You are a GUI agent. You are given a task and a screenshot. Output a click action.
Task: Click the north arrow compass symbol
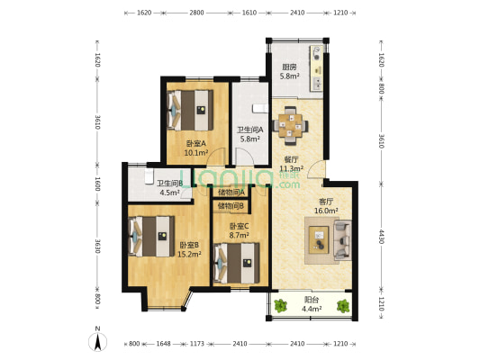98,342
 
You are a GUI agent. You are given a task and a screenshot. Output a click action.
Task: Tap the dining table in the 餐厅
290,125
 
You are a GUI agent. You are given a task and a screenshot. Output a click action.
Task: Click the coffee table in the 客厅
319,239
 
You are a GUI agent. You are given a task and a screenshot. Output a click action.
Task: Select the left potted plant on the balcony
280,306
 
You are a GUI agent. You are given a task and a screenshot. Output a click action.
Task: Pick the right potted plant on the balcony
343,306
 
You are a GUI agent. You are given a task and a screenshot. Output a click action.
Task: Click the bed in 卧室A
190,110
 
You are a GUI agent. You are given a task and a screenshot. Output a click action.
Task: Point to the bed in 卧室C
237,263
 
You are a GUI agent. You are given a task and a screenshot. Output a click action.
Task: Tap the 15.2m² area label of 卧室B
189,254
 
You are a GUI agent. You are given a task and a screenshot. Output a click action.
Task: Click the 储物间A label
231,193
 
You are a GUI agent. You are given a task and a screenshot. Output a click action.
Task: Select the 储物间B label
231,206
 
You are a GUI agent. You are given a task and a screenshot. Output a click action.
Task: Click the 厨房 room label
289,67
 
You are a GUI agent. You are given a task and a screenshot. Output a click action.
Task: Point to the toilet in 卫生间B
149,176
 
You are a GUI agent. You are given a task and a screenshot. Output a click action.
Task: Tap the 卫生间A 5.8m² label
250,134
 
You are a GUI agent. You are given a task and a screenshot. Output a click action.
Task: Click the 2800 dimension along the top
196,13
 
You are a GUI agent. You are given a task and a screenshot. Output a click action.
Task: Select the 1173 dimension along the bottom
197,344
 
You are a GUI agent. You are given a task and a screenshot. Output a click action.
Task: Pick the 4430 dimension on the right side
382,237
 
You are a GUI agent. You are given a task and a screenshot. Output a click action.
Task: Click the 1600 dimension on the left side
97,184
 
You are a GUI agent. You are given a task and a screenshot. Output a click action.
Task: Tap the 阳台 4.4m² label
312,304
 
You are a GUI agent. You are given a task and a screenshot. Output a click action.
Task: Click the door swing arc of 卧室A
219,152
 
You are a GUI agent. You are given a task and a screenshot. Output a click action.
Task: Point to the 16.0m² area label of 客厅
326,211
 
